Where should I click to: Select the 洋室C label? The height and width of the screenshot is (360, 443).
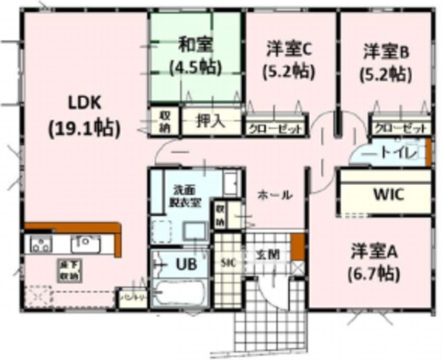coord(290,50)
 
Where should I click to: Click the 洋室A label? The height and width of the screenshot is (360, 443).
coord(375,251)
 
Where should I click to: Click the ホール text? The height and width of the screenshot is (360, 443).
coord(275,195)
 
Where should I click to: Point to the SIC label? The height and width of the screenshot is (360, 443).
coord(229,262)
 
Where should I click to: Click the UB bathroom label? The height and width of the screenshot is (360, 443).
coord(185,264)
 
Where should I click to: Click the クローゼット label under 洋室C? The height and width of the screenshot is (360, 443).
coord(275,128)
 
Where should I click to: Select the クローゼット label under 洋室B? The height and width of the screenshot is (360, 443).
coord(400,128)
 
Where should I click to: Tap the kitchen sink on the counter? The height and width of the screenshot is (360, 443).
coord(83,243)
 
